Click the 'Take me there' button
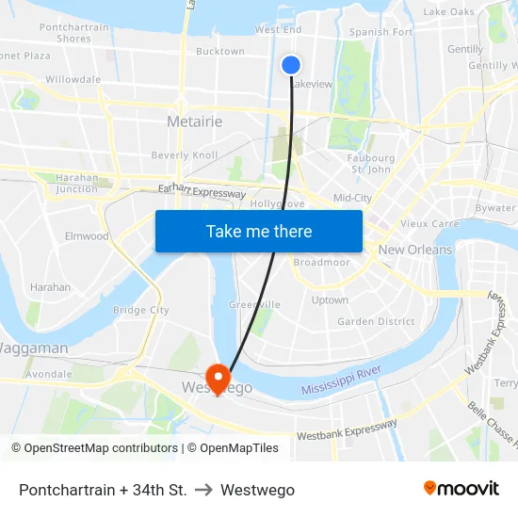click(259, 231)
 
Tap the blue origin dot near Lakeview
click(291, 64)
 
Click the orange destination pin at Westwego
click(218, 379)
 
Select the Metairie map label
click(194, 121)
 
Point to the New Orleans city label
click(414, 250)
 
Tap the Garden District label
click(376, 321)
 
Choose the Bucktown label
click(219, 52)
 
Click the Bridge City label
click(141, 310)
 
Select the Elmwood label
click(87, 236)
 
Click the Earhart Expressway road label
click(202, 191)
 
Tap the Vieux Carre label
click(429, 224)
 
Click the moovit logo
click(461, 489)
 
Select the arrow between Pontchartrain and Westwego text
click(203, 490)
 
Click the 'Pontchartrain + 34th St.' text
click(103, 490)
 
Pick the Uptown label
click(330, 300)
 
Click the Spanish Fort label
click(380, 32)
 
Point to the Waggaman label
click(33, 348)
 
